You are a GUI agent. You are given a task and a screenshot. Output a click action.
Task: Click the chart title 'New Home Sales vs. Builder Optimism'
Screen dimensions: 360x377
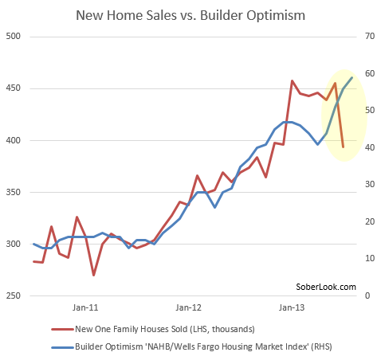pyautogui.click(x=188, y=14)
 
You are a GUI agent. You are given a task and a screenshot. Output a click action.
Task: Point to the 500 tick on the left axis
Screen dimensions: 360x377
pyautogui.click(x=14, y=37)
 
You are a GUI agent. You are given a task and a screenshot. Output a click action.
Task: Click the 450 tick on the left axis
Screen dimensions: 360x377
pyautogui.click(x=14, y=89)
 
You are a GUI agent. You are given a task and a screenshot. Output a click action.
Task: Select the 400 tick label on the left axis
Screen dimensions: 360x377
pyautogui.click(x=14, y=141)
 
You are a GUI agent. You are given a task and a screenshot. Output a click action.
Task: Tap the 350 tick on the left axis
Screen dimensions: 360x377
pyautogui.click(x=14, y=192)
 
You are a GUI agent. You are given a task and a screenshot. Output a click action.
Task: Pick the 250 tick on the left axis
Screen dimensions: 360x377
pyautogui.click(x=14, y=295)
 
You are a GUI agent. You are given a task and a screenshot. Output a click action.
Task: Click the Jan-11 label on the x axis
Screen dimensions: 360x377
pyautogui.click(x=85, y=307)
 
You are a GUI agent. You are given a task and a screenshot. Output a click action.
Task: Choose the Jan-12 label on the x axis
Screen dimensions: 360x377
pyautogui.click(x=188, y=307)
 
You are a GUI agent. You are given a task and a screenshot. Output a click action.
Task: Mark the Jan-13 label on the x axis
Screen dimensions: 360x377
pyautogui.click(x=292, y=307)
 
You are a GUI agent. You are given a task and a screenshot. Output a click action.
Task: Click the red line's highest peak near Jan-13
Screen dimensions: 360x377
pyautogui.click(x=293, y=80)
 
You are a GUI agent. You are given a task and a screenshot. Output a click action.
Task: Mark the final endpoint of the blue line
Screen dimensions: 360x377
pyautogui.click(x=351, y=76)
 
